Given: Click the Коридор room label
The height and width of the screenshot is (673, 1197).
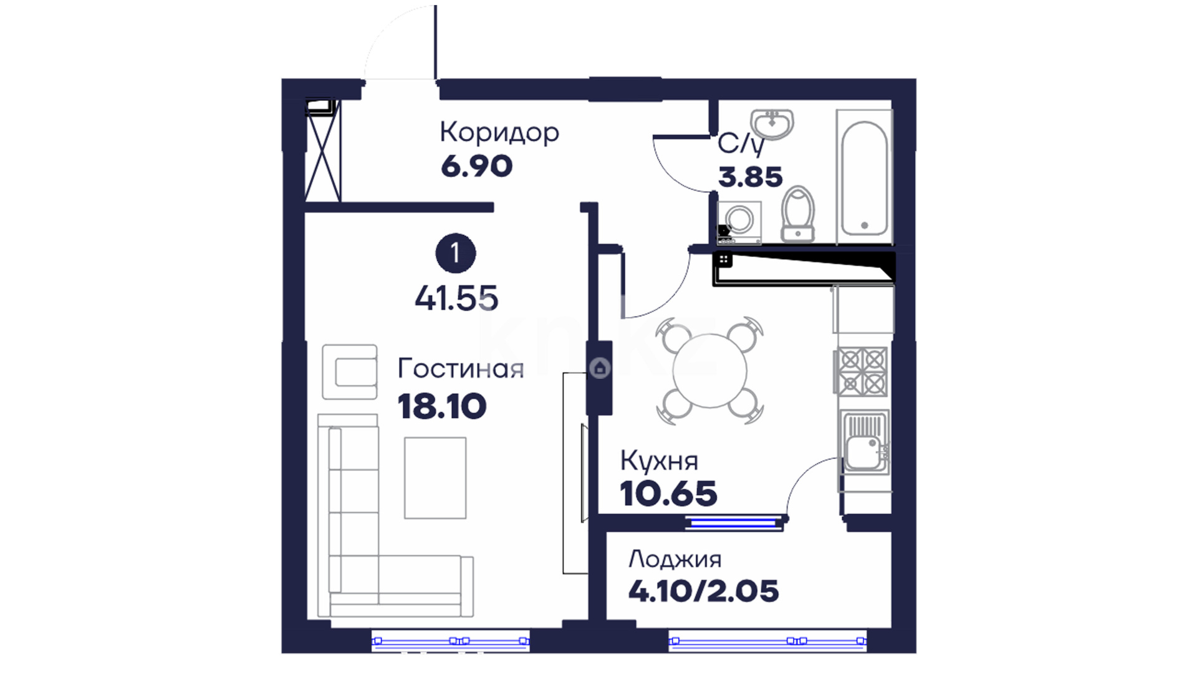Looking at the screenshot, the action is pyautogui.click(x=499, y=133).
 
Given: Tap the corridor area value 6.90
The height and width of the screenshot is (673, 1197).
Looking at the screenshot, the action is pyautogui.click(x=477, y=166).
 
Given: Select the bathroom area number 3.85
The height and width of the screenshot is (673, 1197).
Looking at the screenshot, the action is pyautogui.click(x=750, y=177).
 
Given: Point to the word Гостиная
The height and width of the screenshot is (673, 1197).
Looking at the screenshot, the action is pyautogui.click(x=461, y=368).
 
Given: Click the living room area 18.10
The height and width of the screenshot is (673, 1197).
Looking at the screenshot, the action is pyautogui.click(x=442, y=406).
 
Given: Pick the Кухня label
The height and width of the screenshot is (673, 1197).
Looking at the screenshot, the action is pyautogui.click(x=659, y=461).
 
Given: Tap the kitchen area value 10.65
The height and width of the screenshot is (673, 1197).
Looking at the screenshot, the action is pyautogui.click(x=668, y=494).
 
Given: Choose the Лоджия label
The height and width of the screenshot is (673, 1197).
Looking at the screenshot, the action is pyautogui.click(x=675, y=559).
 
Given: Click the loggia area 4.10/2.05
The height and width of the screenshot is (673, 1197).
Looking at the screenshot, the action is pyautogui.click(x=703, y=591).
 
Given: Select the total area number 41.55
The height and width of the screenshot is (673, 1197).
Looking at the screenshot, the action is pyautogui.click(x=456, y=298).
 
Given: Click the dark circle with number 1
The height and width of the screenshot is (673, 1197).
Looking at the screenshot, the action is pyautogui.click(x=455, y=254).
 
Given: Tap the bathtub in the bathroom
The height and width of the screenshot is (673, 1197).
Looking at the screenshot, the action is pyautogui.click(x=864, y=177).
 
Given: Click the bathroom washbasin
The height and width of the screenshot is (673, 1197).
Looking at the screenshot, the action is pyautogui.click(x=772, y=122).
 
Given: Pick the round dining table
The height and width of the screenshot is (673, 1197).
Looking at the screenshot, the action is pyautogui.click(x=709, y=371).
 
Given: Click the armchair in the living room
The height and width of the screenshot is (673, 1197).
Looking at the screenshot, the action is pyautogui.click(x=350, y=372).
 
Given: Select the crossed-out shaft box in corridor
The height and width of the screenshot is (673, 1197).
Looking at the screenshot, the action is pyautogui.click(x=324, y=151).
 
